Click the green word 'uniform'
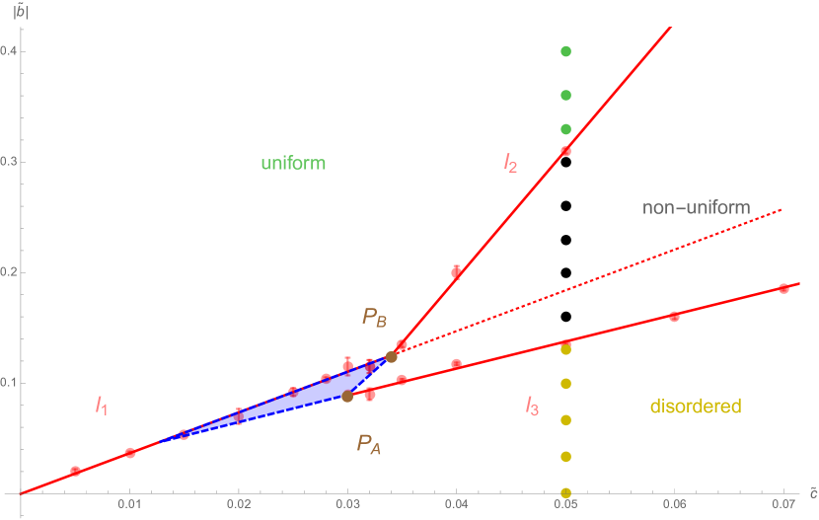coord(293,163)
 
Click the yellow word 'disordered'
coord(696,406)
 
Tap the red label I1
coord(101,404)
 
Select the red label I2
coord(509,163)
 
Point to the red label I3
coord(531,405)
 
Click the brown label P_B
coord(374,317)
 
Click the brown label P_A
coord(369,445)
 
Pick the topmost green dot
coord(566,50)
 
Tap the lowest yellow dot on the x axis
coord(566,492)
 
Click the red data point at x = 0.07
coord(783,288)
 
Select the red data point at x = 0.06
coord(675,316)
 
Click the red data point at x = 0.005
coord(75,471)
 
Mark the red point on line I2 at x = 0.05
coord(566,151)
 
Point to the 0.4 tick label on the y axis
coord(9,51)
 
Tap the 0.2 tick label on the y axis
coord(9,272)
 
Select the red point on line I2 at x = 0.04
coord(457,272)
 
